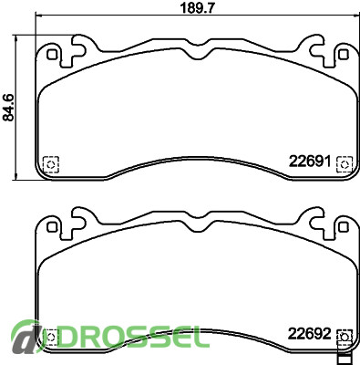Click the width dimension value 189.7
[198, 7]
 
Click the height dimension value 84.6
[9, 108]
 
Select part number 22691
[310, 162]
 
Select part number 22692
[309, 334]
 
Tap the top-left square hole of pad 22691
[52, 55]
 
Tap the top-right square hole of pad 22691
[344, 55]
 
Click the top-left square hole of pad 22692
[52, 227]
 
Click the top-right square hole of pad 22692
[344, 227]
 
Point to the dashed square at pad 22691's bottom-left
[51, 164]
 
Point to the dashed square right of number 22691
[345, 164]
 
